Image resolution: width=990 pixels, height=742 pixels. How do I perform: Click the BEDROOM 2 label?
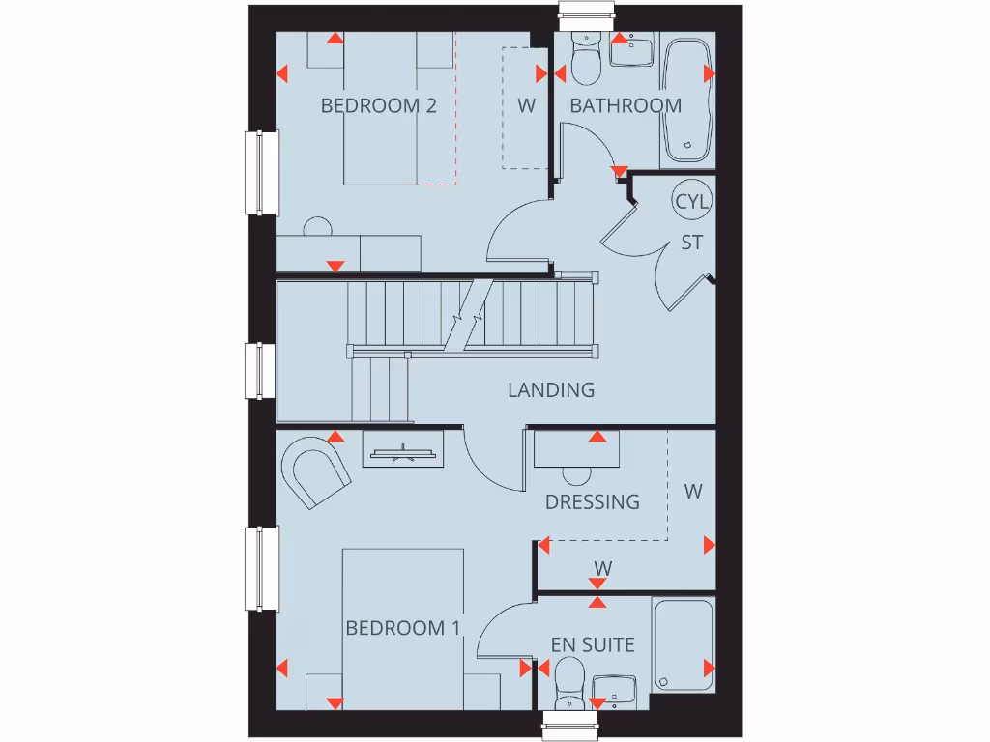click(x=378, y=106)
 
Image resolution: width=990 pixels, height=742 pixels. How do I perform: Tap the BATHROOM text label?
click(x=626, y=106)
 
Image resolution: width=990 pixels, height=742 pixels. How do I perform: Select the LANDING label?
click(x=551, y=390)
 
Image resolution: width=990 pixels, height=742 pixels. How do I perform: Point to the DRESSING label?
click(x=592, y=502)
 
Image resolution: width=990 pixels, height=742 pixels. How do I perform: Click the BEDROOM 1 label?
click(x=402, y=628)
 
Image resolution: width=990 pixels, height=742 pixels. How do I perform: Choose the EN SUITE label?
click(x=593, y=644)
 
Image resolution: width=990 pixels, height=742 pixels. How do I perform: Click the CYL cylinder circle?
click(x=692, y=202)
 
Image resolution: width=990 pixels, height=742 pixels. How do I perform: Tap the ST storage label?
click(x=692, y=243)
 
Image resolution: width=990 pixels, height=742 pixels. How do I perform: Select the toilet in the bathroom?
click(x=587, y=61)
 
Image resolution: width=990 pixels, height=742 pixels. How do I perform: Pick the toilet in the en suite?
click(x=568, y=682)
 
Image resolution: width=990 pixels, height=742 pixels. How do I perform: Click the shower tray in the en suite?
click(x=684, y=644)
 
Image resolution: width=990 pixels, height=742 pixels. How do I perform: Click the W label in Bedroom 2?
click(x=526, y=106)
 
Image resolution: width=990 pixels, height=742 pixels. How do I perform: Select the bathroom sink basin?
click(x=632, y=50)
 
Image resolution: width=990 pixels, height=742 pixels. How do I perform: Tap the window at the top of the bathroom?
click(x=588, y=12)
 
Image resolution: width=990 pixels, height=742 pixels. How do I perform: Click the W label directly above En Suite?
click(x=602, y=568)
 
